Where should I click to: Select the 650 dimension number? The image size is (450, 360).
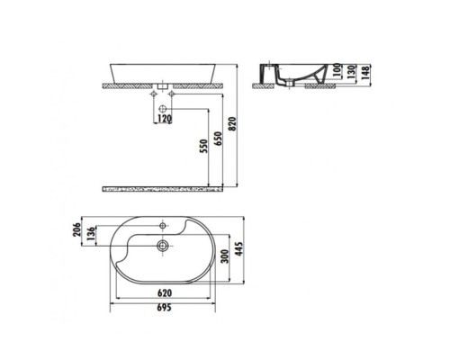click(x=216, y=140)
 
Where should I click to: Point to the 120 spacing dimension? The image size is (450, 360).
click(x=164, y=119)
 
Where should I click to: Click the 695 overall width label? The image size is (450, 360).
click(x=164, y=309)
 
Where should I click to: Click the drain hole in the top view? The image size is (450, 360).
click(x=163, y=243)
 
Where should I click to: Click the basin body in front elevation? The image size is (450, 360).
click(x=162, y=73)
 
